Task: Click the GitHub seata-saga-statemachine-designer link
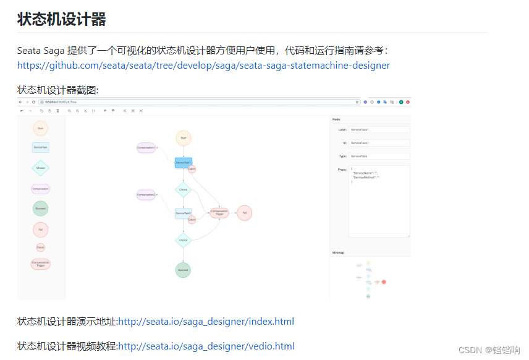(x=203, y=65)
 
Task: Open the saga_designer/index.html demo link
(x=206, y=322)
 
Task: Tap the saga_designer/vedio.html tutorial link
(x=206, y=346)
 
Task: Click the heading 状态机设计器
(x=62, y=19)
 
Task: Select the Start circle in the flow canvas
(x=183, y=138)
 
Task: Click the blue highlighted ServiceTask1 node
(x=183, y=163)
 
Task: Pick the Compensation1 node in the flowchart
(x=146, y=148)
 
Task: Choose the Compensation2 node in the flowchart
(x=146, y=195)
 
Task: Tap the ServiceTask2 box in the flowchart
(x=183, y=213)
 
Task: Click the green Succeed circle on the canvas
(x=183, y=270)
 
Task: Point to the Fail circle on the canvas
(x=245, y=213)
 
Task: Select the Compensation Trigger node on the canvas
(x=219, y=213)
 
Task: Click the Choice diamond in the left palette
(x=40, y=168)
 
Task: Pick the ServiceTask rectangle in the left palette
(x=40, y=147)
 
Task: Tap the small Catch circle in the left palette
(x=40, y=247)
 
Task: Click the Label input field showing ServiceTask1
(x=379, y=130)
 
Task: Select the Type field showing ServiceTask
(x=379, y=156)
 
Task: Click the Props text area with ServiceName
(x=379, y=201)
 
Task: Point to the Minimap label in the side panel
(x=338, y=252)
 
